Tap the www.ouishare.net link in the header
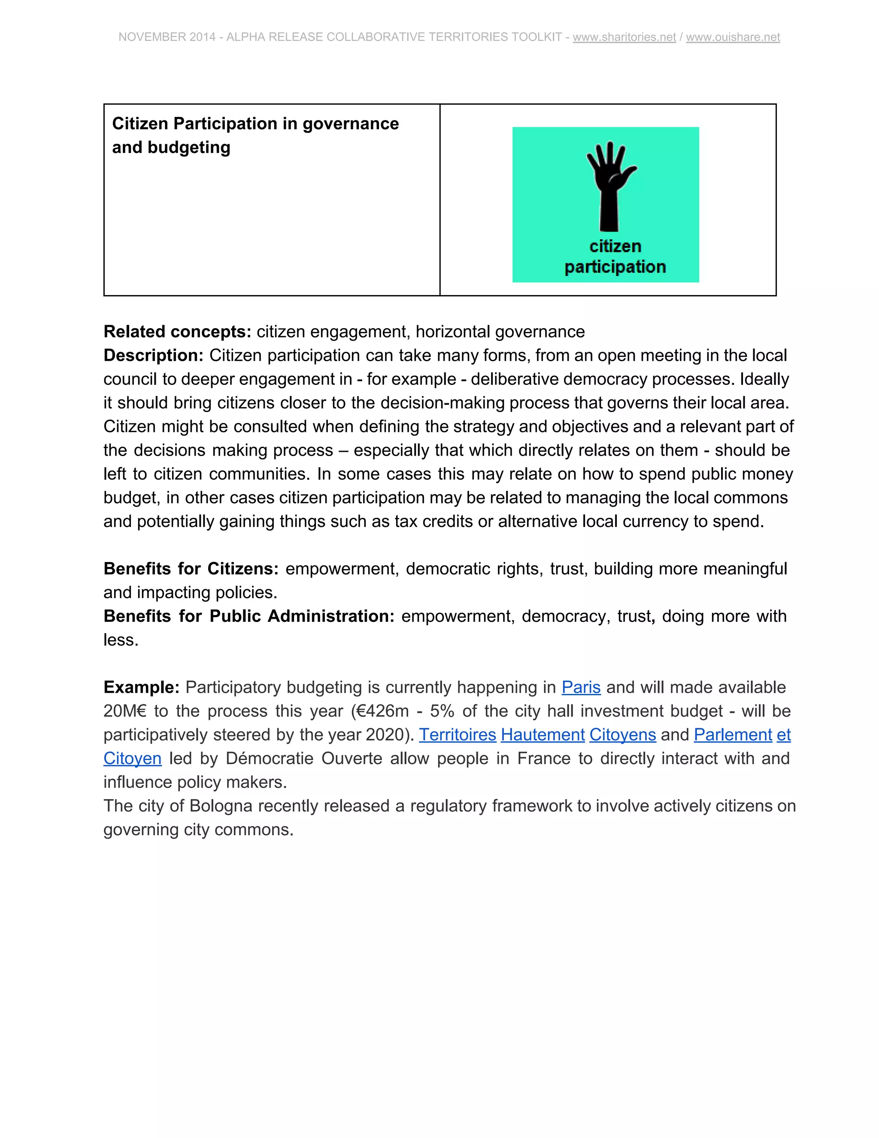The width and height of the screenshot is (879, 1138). click(733, 37)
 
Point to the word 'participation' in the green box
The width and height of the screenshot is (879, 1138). click(615, 267)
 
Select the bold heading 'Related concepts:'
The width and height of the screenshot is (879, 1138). click(178, 332)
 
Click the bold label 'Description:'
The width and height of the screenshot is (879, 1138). click(154, 356)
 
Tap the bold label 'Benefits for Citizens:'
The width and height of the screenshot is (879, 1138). click(191, 569)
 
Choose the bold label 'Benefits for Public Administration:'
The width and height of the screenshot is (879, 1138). click(249, 616)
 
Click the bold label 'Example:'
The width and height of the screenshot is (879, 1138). click(142, 687)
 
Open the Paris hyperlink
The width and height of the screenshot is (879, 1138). click(581, 687)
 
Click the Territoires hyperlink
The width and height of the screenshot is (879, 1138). click(457, 735)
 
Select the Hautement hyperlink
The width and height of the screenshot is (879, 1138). click(543, 735)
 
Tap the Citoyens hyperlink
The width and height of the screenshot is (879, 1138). click(622, 735)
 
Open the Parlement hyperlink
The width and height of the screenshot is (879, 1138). click(733, 735)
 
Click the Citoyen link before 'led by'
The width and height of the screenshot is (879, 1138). click(132, 759)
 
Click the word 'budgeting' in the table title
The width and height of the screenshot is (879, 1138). click(188, 147)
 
